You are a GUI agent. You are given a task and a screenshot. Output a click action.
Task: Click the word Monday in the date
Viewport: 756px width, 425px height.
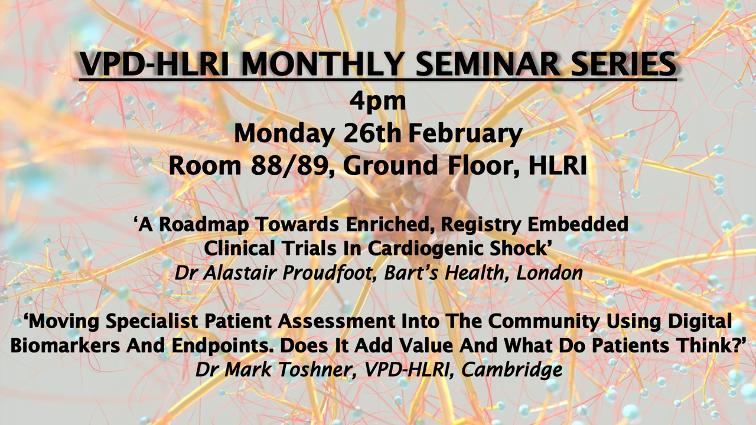pos(284,134)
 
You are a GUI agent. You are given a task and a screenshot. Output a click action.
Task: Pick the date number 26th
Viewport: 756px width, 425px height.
pos(372,133)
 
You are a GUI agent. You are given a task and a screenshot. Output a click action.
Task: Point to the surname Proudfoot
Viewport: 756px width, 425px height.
pos(327,273)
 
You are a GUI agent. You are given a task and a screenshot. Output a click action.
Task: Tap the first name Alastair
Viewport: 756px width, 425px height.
pos(240,273)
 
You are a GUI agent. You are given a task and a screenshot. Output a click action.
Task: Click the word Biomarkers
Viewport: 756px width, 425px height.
pos(65,345)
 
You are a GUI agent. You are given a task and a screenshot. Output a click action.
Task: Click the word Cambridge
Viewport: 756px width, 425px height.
pos(511,370)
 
